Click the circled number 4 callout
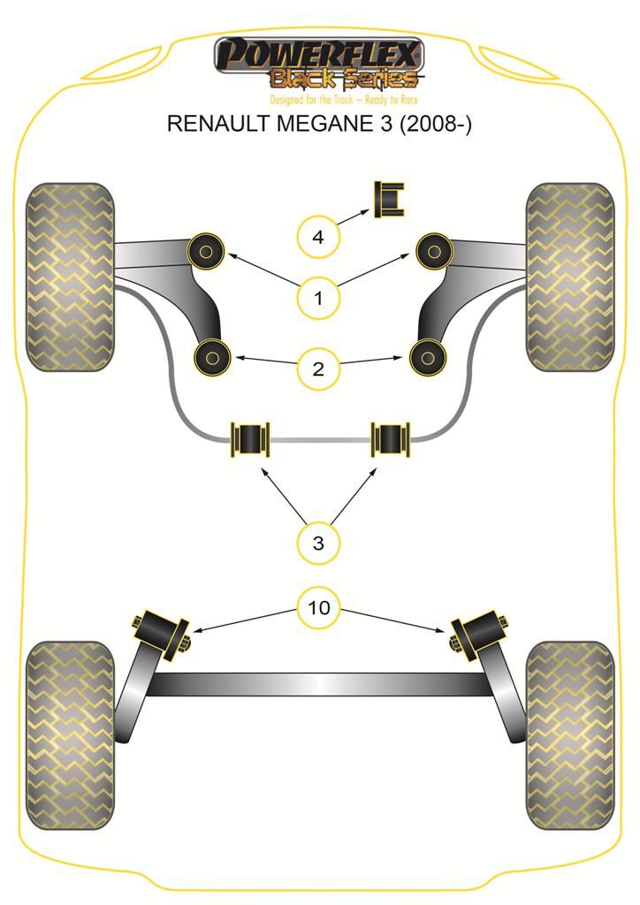tap(318, 237)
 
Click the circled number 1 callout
tap(318, 299)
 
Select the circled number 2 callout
tap(318, 368)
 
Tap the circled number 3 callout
tap(318, 543)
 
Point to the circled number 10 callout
tap(318, 607)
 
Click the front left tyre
tap(71, 277)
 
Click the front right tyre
tap(569, 277)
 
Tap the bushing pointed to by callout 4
tap(389, 200)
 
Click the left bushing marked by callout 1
tap(205, 252)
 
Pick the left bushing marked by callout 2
tap(212, 357)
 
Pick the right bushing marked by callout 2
tap(427, 357)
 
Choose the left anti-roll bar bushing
tap(250, 438)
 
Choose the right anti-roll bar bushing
tap(391, 438)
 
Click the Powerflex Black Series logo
tap(319, 67)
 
